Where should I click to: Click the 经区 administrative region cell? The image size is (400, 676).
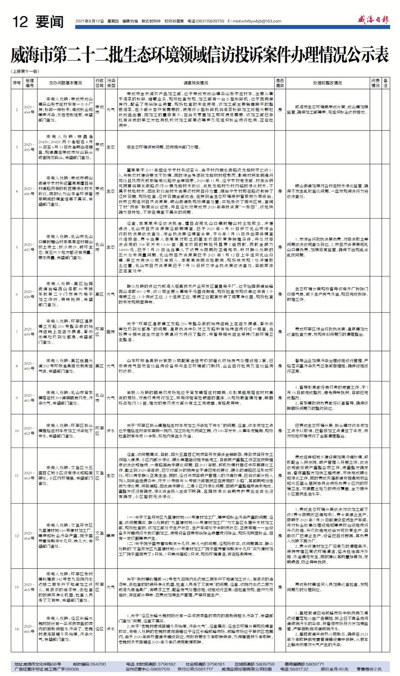99,628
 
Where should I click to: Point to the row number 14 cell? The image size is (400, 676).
17,628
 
